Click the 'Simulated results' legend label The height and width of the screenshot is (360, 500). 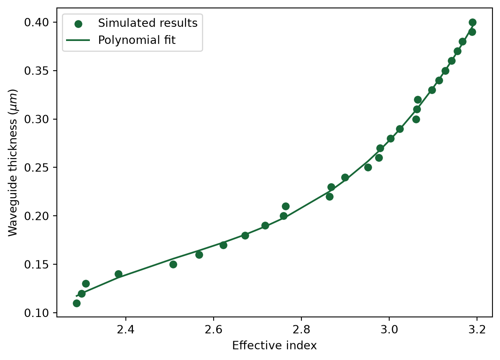148,23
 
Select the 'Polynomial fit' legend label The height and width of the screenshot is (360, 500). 137,40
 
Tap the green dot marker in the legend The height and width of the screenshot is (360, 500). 78,24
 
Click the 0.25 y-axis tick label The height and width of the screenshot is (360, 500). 37,167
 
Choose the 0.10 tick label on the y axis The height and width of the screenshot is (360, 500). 37,313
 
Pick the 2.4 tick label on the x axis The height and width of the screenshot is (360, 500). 126,329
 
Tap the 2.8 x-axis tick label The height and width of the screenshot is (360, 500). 301,329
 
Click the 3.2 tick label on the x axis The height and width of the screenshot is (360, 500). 477,329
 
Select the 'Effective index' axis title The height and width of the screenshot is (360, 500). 275,346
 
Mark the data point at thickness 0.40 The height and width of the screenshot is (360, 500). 472,22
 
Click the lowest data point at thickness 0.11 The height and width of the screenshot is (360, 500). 77,303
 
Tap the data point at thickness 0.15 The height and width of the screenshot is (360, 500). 173,264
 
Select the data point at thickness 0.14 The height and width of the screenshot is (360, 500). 118,274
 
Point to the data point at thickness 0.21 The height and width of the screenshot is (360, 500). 286,206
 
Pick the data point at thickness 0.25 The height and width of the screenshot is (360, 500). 368,167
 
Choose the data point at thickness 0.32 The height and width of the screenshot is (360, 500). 418,100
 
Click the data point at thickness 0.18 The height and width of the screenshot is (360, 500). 245,236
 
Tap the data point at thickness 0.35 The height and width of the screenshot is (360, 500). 446,71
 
